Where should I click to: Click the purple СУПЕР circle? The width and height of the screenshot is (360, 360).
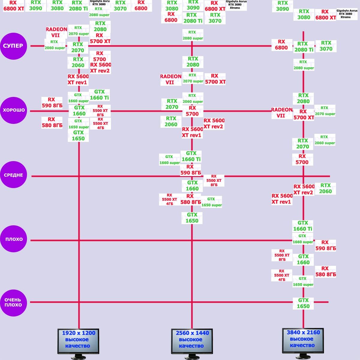(x=13, y=46)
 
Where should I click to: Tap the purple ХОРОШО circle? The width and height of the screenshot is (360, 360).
(x=13, y=110)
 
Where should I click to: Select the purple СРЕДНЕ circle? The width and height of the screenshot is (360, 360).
(x=13, y=175)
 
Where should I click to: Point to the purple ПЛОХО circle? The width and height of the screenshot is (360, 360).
(x=13, y=239)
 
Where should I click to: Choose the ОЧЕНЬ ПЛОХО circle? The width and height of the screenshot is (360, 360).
(x=13, y=302)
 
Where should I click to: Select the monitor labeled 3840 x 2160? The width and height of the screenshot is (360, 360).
(x=303, y=341)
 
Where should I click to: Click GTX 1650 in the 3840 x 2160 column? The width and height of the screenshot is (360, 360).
(x=303, y=303)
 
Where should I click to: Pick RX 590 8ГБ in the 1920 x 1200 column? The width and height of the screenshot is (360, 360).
(x=52, y=103)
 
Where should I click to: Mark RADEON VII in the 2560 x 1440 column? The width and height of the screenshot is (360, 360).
(x=170, y=79)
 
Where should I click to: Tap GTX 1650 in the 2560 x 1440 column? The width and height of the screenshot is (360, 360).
(x=192, y=218)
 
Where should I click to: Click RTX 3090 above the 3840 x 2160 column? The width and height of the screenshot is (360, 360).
(x=282, y=6)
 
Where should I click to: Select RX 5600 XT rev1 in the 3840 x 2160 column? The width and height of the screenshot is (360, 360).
(x=282, y=199)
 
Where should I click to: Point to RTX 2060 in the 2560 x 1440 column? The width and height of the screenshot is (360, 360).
(x=171, y=121)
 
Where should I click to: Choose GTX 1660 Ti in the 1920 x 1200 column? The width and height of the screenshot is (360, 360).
(x=99, y=95)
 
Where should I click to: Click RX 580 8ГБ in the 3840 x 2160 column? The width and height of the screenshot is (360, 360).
(x=325, y=271)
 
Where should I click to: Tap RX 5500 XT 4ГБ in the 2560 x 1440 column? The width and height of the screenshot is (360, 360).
(x=169, y=199)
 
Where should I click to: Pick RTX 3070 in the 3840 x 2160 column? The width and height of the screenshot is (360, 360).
(x=326, y=46)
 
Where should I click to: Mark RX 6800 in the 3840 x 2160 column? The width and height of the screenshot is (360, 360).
(x=281, y=45)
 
